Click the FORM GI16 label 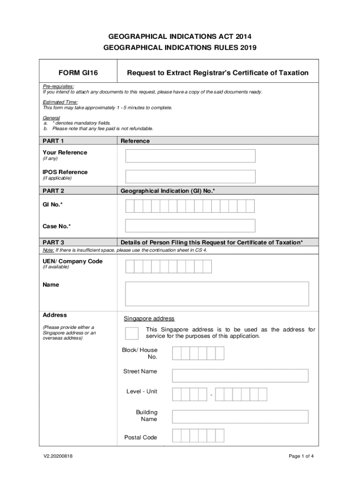(x=79, y=73)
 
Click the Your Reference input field (x=190, y=156)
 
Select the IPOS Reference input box (x=190, y=176)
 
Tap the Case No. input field (x=190, y=226)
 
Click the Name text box (x=217, y=294)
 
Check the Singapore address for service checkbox (x=132, y=333)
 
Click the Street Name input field (x=240, y=376)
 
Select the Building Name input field (x=240, y=417)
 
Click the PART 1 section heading (x=53, y=141)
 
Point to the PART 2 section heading (x=53, y=191)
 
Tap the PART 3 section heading (x=53, y=242)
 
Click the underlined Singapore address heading (x=149, y=319)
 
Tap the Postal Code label (x=140, y=438)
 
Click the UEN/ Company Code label (x=72, y=261)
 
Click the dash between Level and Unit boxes (x=211, y=396)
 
